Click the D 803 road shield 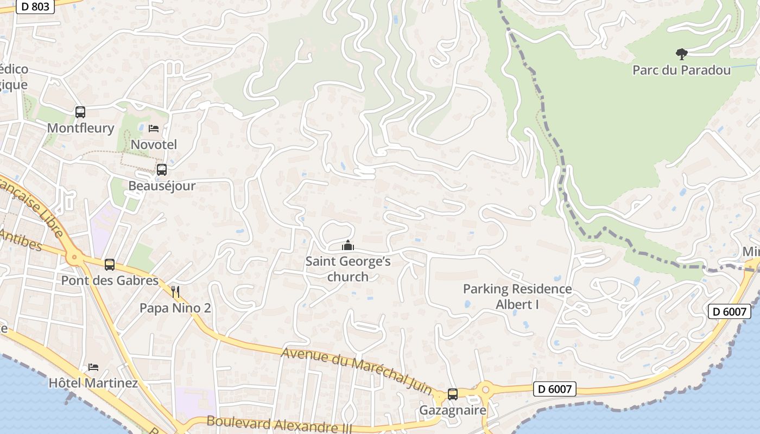point(35,7)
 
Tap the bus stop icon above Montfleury point(80,112)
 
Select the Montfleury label point(80,128)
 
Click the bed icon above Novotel point(154,129)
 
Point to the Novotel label point(154,144)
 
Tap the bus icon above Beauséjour point(162,170)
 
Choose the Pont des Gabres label point(110,280)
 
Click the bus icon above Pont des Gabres point(110,265)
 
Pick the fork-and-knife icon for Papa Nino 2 point(175,292)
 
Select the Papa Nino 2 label point(175,308)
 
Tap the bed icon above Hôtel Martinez point(93,367)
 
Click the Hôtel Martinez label point(93,383)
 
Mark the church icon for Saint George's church point(348,246)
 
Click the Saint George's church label point(348,269)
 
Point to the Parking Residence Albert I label point(517,297)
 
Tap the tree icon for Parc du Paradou point(681,54)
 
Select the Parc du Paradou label point(681,70)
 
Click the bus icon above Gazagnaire point(453,394)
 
